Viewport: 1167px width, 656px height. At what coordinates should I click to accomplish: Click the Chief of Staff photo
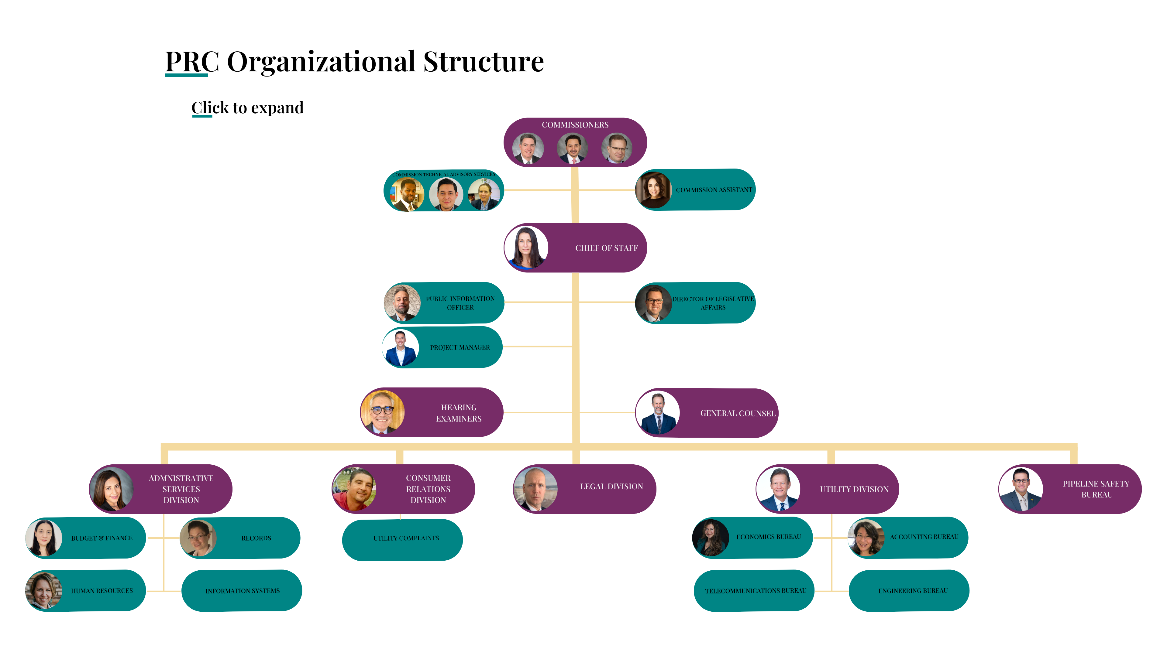pos(526,247)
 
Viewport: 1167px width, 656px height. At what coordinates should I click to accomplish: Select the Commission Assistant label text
pos(714,190)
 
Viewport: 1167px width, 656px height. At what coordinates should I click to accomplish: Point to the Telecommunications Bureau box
pos(755,590)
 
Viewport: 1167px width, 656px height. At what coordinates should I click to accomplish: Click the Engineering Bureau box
pos(912,590)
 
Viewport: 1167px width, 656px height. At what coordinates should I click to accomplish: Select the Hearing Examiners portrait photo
pos(382,412)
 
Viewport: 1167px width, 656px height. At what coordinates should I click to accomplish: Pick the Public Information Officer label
pos(460,303)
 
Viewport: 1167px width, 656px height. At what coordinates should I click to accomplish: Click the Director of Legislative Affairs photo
pos(654,303)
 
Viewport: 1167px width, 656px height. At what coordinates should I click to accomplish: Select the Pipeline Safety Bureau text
pos(1096,489)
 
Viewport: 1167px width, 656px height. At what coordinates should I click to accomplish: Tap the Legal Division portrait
pos(535,489)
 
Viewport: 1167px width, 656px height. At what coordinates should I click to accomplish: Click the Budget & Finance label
pos(102,538)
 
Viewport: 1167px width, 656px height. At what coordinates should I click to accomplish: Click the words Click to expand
pos(247,108)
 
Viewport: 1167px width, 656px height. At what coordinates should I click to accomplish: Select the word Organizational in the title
pos(321,62)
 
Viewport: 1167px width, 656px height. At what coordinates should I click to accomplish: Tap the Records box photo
pos(198,538)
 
